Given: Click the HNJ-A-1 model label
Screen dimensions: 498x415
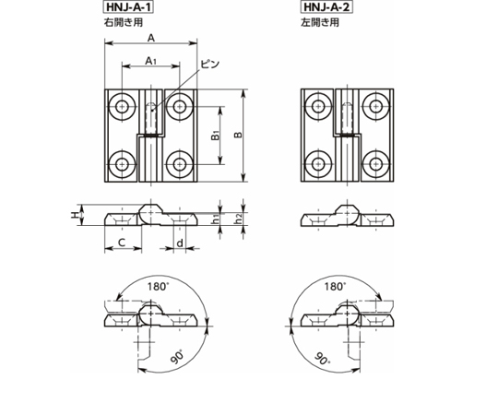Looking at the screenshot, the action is coord(128,7).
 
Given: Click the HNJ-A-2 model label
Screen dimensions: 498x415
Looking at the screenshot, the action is coord(326,7).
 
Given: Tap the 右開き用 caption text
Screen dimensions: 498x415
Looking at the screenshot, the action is coord(124,22).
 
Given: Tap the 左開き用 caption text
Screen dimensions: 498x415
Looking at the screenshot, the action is coord(320,22).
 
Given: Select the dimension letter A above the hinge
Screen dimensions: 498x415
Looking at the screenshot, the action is coord(151,38).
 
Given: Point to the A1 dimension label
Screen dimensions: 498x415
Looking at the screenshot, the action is coord(150,61).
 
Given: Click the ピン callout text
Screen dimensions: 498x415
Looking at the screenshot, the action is coord(210,64).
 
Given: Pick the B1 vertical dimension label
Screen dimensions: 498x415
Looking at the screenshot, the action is coord(216,136).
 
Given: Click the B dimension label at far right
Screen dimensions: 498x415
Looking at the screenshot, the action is coord(238,135).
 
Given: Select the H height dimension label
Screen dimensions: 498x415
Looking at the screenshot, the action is coord(75,215).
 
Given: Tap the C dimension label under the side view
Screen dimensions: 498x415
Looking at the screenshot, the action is coord(122,243).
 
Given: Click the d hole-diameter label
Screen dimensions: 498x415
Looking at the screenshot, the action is coord(180,243).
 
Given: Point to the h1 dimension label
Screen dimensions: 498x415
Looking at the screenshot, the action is coord(216,219).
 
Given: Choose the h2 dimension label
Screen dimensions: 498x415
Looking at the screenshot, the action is coord(238,219).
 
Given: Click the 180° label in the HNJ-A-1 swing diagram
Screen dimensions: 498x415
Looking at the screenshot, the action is coord(158,287).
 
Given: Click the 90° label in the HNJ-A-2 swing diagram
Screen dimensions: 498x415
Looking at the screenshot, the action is coord(323,358).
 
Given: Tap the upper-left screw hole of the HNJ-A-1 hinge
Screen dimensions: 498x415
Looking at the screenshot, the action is coord(122,106).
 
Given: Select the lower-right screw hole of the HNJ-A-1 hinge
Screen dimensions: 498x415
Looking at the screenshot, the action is coord(180,164).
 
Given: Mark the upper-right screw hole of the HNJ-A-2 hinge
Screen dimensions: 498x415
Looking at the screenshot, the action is coord(376,106).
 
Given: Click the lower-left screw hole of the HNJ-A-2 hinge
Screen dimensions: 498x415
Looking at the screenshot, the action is coord(318,164).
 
